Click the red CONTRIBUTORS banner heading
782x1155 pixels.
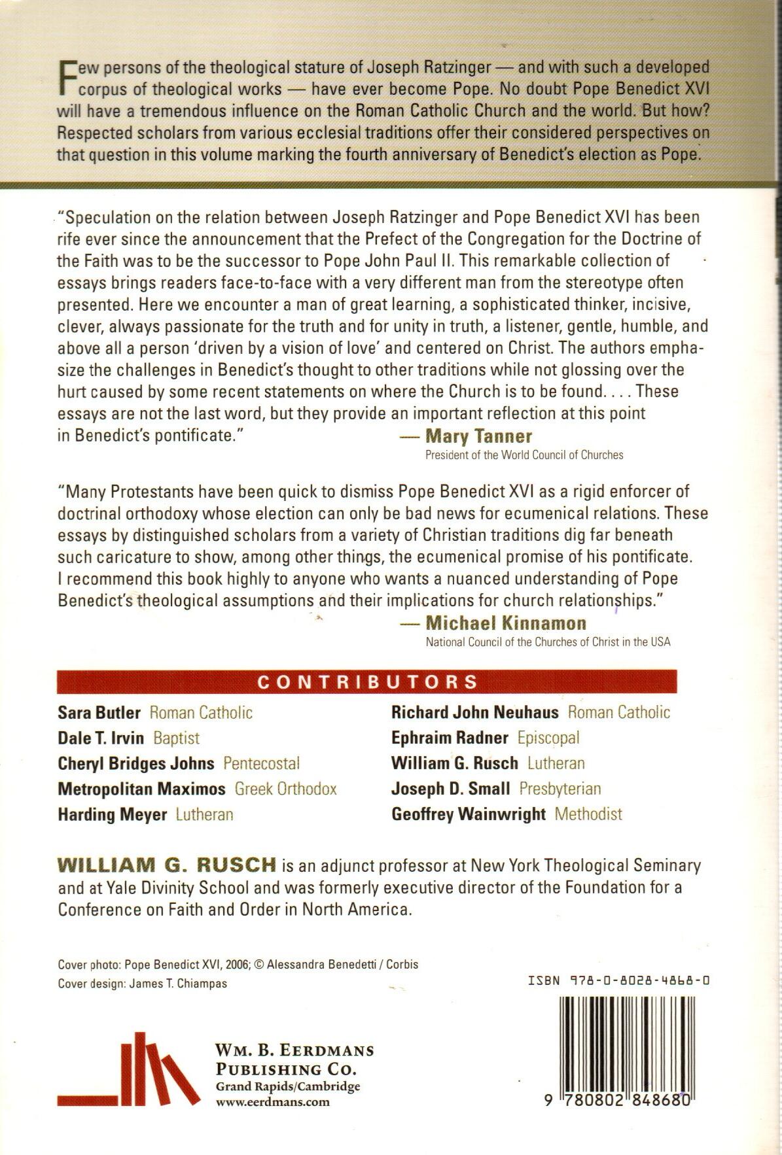[x=368, y=681]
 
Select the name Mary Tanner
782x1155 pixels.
[x=478, y=436]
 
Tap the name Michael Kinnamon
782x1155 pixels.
[x=505, y=623]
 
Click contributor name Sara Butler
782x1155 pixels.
[x=99, y=712]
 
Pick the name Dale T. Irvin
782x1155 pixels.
[x=101, y=738]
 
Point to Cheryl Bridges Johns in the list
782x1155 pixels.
[x=136, y=763]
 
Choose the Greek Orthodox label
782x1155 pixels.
[x=286, y=789]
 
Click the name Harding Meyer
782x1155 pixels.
[x=113, y=815]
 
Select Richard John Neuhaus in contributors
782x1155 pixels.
[x=475, y=712]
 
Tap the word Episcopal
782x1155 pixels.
[x=548, y=738]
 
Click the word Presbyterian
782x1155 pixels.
[x=560, y=789]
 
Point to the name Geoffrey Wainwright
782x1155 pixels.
[x=469, y=814]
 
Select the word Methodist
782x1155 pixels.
[x=588, y=814]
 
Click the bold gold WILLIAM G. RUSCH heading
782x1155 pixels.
[x=167, y=865]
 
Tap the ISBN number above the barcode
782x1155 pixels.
[x=619, y=981]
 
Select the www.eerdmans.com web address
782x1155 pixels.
[x=273, y=1102]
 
